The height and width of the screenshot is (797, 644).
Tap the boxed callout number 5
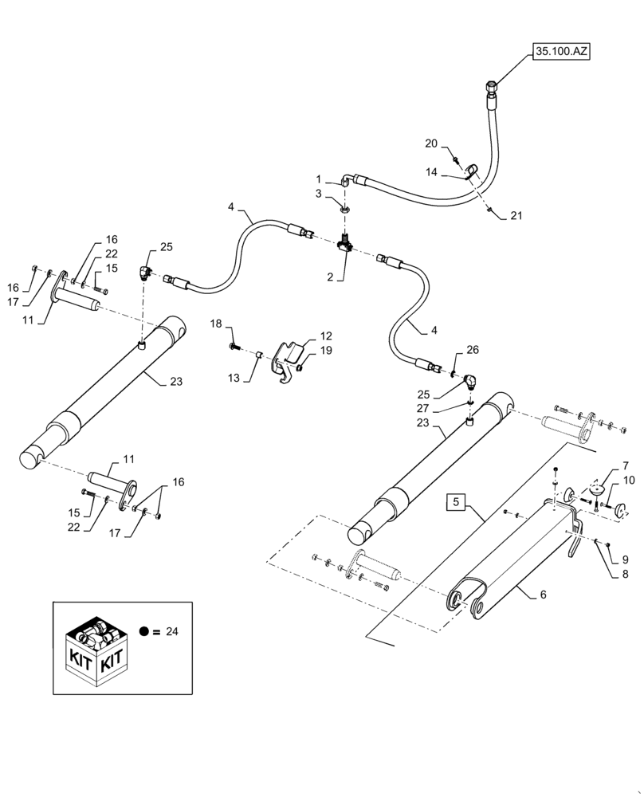456,503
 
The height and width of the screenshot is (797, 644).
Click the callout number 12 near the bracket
304,336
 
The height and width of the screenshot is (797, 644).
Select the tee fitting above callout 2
346,244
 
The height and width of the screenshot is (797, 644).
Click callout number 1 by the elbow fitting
318,179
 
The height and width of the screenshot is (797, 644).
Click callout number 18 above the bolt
216,324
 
